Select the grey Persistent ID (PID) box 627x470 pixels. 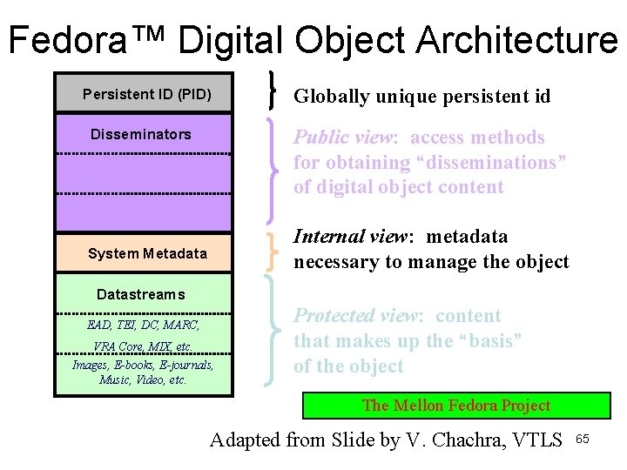coord(145,93)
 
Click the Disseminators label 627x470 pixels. coord(141,134)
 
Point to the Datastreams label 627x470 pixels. coord(141,294)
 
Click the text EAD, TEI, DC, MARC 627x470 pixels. coord(144,326)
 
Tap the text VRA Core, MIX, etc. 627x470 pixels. coord(143,346)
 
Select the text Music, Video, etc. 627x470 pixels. coord(143,379)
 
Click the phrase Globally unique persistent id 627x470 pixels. coord(421,96)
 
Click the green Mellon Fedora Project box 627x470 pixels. coord(456,406)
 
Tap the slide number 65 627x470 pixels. coord(583,439)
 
